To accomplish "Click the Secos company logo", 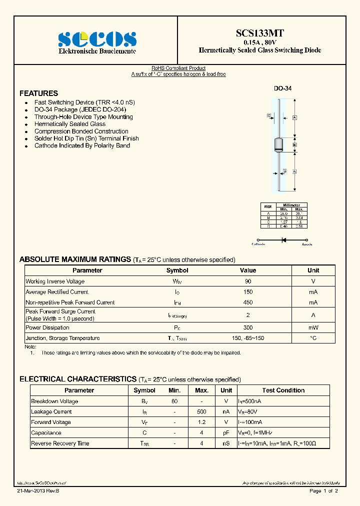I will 97,39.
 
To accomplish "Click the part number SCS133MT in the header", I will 260,33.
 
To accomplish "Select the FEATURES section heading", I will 38,93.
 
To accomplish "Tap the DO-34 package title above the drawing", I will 282,88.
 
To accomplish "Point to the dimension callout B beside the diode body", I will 295,144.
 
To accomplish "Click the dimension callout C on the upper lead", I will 269,115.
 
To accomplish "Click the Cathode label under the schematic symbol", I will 258,244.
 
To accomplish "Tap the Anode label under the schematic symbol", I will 306,244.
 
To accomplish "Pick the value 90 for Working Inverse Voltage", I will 248,281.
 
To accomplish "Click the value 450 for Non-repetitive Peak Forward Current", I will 248,302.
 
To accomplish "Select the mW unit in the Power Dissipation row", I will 313,328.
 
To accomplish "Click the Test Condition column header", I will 283,390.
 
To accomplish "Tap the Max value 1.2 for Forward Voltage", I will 201,422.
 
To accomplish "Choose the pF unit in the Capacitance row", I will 226,433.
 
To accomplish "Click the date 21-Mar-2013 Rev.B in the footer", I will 37,491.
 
